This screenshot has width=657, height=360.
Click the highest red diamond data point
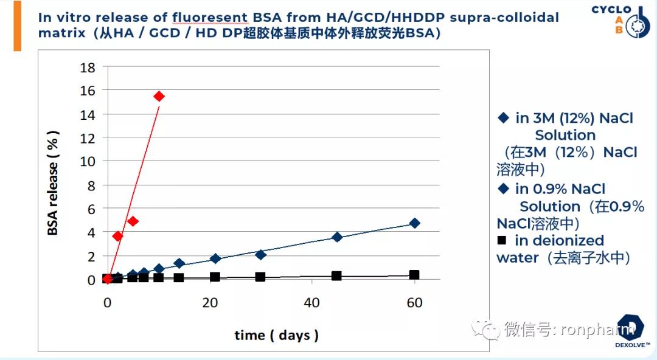(159, 97)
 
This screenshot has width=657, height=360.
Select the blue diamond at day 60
(415, 223)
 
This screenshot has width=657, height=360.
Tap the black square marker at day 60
(414, 275)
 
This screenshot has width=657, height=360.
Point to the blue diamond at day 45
(337, 237)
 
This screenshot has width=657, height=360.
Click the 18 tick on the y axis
(88, 67)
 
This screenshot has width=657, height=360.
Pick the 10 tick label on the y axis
(88, 161)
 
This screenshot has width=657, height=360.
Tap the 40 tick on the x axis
(311, 303)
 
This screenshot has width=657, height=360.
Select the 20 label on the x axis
(210, 303)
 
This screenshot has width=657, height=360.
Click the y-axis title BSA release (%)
(53, 183)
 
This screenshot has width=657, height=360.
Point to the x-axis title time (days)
(276, 335)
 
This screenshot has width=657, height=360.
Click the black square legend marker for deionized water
(501, 240)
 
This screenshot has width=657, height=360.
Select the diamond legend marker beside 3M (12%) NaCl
(503, 118)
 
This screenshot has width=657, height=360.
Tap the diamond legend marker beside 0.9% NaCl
(503, 189)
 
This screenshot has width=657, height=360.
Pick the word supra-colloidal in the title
(504, 18)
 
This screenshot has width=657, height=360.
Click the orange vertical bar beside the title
(17, 26)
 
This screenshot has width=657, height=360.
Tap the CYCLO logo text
(611, 10)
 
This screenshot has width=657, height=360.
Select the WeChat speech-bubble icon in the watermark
(485, 330)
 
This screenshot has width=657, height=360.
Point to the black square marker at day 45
(336, 275)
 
